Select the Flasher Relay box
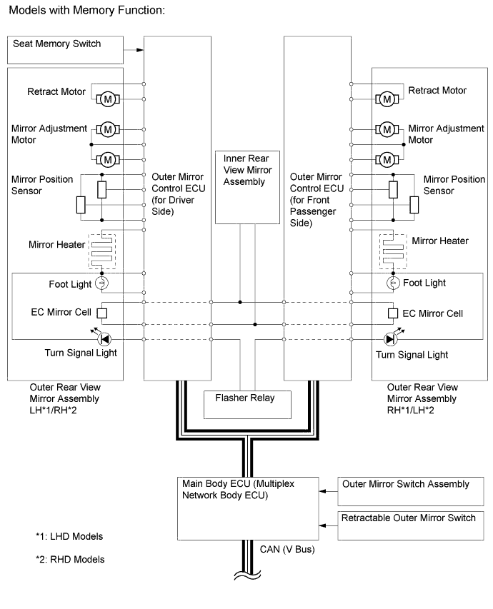tap(249, 404)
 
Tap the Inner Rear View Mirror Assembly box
tap(249, 186)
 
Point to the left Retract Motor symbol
tap(108, 96)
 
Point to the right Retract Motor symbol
tap(387, 96)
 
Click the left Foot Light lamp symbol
tap(102, 283)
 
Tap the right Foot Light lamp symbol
tap(392, 283)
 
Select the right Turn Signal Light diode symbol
tap(390, 336)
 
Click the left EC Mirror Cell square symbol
tap(102, 313)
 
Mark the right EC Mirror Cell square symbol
tap(392, 313)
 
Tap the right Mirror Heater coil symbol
tap(392, 251)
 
